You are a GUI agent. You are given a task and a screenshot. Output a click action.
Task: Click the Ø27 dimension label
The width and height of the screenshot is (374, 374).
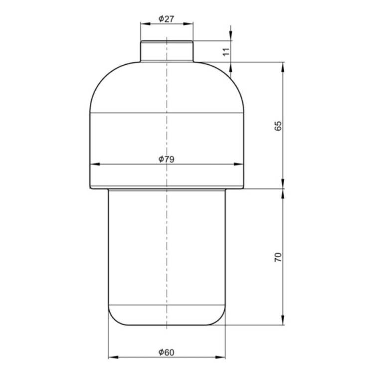pyautogui.click(x=166, y=18)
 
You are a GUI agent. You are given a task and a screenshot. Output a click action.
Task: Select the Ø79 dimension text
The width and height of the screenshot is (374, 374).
pyautogui.click(x=166, y=159)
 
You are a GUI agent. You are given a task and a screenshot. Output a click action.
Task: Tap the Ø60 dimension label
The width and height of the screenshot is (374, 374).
pyautogui.click(x=166, y=352)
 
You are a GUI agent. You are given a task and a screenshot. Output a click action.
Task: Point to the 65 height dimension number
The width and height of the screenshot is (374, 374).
pyautogui.click(x=278, y=126)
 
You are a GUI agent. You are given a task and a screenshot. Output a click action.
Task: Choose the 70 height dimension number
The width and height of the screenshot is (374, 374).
pyautogui.click(x=278, y=258)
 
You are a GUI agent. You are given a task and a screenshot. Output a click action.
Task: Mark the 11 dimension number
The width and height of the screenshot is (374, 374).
pyautogui.click(x=226, y=52)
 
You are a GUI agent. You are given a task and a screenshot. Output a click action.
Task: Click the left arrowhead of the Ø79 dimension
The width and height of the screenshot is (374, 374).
pyautogui.click(x=95, y=164)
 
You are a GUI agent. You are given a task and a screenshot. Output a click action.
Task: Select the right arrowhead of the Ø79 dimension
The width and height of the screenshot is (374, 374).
pyautogui.click(x=238, y=164)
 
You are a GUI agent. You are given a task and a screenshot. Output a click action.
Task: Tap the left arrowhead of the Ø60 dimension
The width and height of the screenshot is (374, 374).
pyautogui.click(x=113, y=358)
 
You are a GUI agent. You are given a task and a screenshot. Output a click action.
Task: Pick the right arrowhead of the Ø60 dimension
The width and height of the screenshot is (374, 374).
pyautogui.click(x=220, y=358)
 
